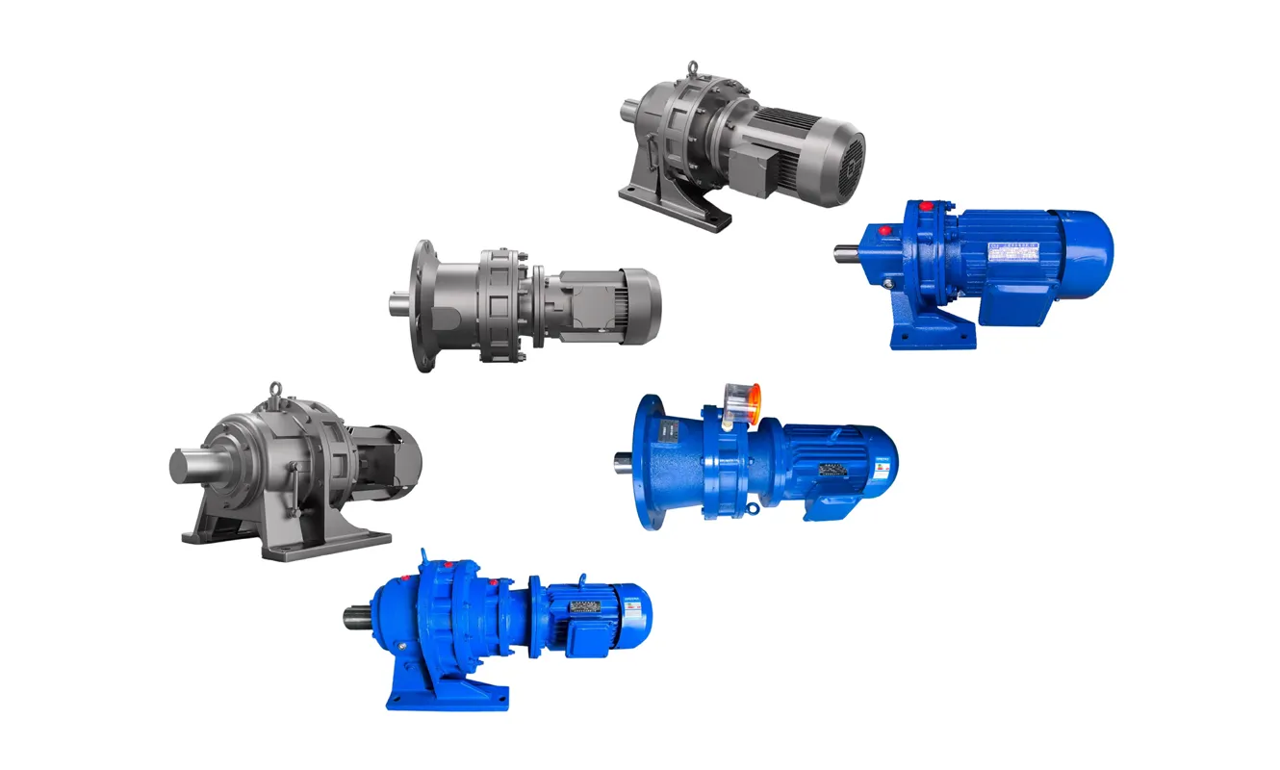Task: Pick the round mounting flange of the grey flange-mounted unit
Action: pos(421,306)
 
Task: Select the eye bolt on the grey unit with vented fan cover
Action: pos(691,70)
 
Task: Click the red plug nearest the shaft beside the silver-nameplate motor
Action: pos(883,232)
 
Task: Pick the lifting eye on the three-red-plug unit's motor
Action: pos(582,579)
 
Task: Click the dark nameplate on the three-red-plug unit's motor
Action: pos(585,607)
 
